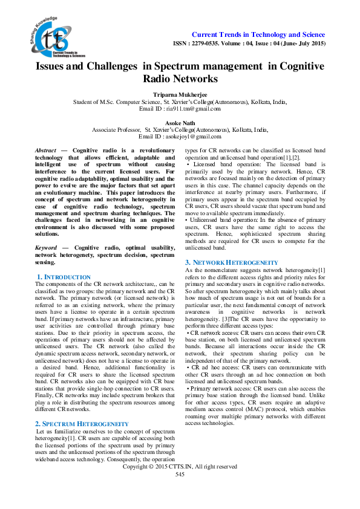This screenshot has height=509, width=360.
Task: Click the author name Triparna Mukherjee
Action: point(180,95)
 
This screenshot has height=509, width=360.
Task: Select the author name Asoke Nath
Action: point(180,122)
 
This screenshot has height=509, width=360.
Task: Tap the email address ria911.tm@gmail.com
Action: point(186,109)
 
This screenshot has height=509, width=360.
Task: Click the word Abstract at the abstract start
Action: point(46,149)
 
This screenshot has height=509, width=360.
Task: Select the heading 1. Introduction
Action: point(64,276)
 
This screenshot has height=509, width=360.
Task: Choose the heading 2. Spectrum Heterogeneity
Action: point(82,407)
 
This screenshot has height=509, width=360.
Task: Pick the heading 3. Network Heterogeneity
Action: point(231,262)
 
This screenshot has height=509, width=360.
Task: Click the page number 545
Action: point(180,491)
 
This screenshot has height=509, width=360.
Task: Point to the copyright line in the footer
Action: point(180,484)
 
